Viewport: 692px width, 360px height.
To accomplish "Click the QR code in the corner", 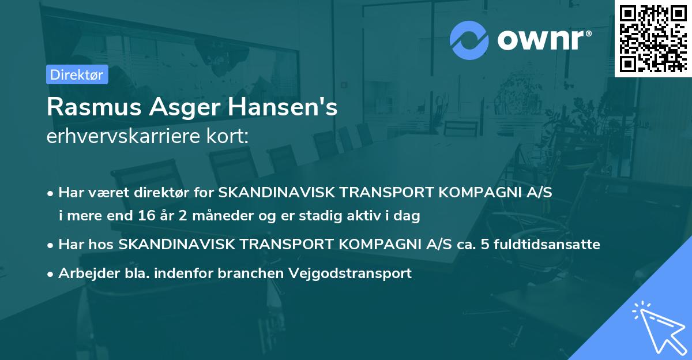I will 653,38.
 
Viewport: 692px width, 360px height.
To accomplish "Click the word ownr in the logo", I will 540,39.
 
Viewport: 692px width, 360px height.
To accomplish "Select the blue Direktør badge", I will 77,74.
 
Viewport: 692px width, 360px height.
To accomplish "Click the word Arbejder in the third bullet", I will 84,273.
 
